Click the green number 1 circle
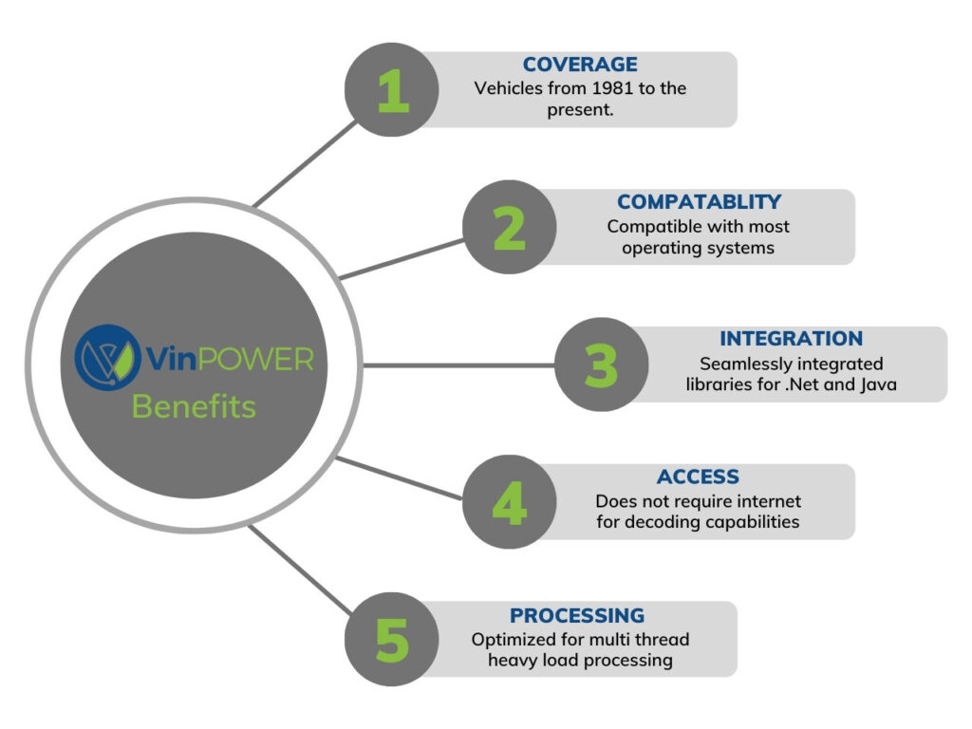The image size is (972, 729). [392, 90]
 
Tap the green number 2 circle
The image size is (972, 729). [510, 227]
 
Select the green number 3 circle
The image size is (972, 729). [601, 364]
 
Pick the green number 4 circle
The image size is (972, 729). [510, 501]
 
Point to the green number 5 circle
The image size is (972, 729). [392, 639]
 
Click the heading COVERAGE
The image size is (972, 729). [580, 65]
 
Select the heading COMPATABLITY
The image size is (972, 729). [699, 202]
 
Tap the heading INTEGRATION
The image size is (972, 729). [790, 339]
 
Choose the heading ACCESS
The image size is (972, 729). [698, 477]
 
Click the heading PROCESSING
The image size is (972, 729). [577, 614]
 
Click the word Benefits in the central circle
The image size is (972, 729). [194, 406]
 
